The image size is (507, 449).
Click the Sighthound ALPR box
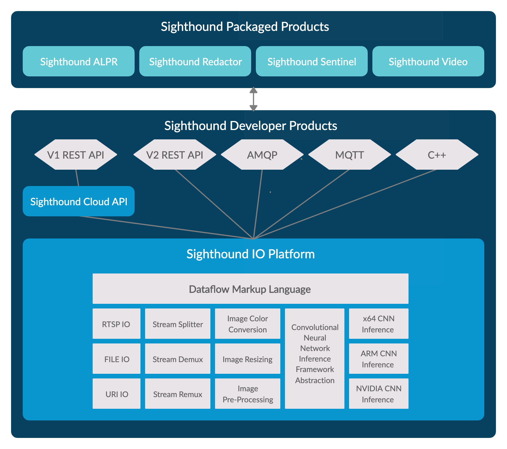pos(79,62)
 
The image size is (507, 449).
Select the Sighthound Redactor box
pos(195,62)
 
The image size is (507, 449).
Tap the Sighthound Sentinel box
pos(312,62)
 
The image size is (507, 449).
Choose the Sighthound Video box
pos(428,62)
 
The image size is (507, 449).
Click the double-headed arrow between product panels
pos(254,99)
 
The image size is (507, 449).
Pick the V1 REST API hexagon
pos(76,155)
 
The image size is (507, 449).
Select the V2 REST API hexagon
pos(175,155)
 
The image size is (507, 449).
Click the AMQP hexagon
pos(262,155)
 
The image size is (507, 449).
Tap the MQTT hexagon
pos(350,155)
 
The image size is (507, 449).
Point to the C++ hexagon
pos(437,155)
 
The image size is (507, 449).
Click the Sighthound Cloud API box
pos(79,201)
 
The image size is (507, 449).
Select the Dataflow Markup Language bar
pos(250,289)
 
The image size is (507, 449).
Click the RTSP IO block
pos(116,324)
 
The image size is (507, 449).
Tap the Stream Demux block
pos(178,359)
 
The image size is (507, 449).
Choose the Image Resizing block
pos(248,359)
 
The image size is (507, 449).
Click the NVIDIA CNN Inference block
pos(379,394)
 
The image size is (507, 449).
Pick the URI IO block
pos(116,394)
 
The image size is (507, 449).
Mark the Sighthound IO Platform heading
pos(251,254)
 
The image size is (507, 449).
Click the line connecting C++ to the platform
pos(345,204)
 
